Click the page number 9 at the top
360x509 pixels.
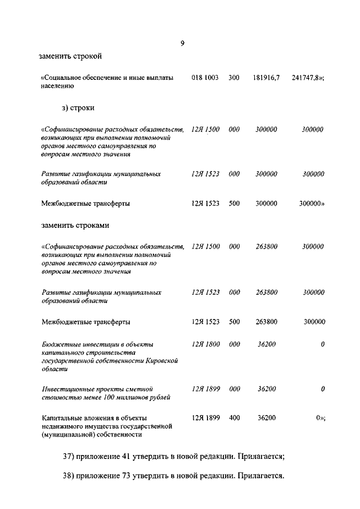182,44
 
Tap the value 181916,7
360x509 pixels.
266,77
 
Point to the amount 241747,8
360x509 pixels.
307,77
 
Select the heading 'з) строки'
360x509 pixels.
78,107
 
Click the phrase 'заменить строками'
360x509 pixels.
75,226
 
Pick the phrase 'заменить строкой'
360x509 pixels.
70,56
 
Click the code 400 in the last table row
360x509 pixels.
234,418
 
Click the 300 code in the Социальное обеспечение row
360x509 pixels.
234,77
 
